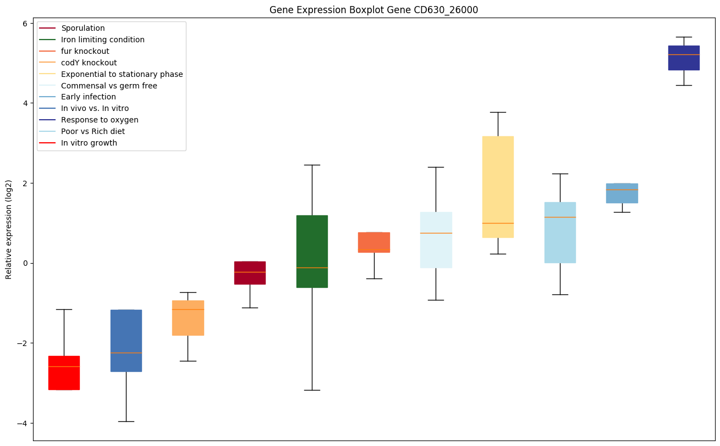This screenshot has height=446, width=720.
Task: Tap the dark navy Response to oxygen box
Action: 684,58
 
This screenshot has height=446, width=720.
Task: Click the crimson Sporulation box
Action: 250,272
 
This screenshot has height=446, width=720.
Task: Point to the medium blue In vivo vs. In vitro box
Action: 126,341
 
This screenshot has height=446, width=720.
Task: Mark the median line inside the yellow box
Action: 498,223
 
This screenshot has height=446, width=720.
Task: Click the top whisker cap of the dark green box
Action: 312,165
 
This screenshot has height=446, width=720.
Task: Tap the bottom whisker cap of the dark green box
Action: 312,390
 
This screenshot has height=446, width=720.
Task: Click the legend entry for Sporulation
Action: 83,28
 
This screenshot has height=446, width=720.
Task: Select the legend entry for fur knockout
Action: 85,51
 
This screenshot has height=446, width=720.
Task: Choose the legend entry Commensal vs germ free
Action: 109,86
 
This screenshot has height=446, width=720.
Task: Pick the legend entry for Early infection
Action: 89,97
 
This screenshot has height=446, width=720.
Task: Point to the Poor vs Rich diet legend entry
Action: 93,132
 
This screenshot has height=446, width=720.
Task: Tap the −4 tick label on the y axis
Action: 22,423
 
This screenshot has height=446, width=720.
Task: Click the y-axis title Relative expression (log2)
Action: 9,229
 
